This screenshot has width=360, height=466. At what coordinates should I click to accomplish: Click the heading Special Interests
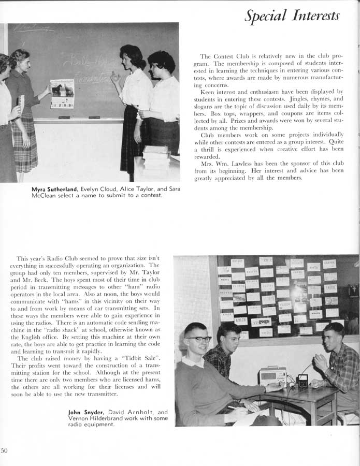tap(292, 16)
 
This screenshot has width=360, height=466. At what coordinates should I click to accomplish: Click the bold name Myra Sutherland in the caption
tap(54, 189)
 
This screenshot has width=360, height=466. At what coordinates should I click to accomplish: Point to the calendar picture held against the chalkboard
tap(62, 93)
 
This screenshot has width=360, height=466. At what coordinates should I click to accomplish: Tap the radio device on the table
tap(272, 375)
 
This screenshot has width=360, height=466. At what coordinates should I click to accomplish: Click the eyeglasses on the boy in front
tap(199, 339)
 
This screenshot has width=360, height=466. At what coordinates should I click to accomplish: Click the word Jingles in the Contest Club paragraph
tap(295, 98)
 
